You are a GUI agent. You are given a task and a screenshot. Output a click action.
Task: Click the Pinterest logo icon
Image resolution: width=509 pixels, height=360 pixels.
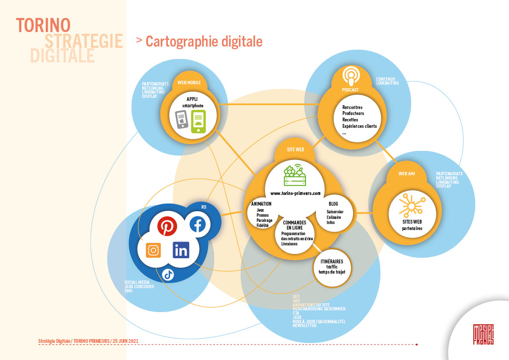167,226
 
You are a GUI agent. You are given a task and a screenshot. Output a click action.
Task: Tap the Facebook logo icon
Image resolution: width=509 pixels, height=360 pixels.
197,224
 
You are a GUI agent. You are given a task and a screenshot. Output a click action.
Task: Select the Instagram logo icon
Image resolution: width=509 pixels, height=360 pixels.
153,250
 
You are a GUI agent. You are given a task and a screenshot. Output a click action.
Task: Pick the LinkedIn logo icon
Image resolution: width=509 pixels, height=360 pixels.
181,250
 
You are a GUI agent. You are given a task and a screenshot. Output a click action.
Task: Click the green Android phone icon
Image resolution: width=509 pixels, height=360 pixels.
198,121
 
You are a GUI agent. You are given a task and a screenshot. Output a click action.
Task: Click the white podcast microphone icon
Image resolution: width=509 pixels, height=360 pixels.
351,77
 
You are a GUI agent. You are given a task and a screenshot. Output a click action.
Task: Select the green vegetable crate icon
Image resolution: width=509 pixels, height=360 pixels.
295,175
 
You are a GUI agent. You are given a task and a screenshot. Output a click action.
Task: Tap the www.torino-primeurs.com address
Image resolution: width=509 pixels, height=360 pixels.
295,193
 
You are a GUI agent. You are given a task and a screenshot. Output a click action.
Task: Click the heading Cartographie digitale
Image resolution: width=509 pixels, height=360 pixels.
204,41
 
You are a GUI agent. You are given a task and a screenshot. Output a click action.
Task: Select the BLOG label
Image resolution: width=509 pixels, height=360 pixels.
333,204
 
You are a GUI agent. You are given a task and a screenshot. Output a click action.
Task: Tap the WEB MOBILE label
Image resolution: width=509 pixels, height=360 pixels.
189,83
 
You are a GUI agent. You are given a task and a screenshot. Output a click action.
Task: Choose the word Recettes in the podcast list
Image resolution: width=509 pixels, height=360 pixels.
350,120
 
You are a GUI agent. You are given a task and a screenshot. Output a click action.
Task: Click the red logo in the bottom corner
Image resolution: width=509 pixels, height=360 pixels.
483,334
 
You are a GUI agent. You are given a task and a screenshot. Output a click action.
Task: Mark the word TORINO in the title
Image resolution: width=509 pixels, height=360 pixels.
43,25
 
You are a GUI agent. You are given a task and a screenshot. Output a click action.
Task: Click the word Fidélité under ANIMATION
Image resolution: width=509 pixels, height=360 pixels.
262,225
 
